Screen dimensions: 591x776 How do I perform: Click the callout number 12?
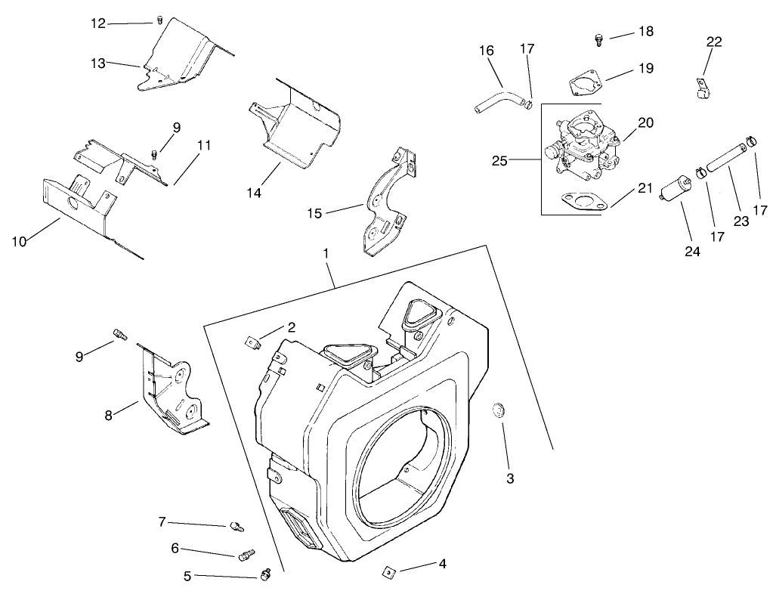pyautogui.click(x=98, y=23)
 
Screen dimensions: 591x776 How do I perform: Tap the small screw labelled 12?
pyautogui.click(x=159, y=19)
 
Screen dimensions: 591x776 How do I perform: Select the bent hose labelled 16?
pyautogui.click(x=498, y=99)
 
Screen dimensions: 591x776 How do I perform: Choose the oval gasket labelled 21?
pyautogui.click(x=580, y=203)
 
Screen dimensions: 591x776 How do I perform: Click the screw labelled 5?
pyautogui.click(x=264, y=575)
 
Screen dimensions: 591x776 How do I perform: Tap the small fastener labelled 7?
pyautogui.click(x=234, y=526)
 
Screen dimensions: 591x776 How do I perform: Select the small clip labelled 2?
pyautogui.click(x=253, y=343)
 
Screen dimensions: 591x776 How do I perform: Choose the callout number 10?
pyautogui.click(x=20, y=241)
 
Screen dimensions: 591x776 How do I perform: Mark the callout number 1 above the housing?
pyautogui.click(x=326, y=254)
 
